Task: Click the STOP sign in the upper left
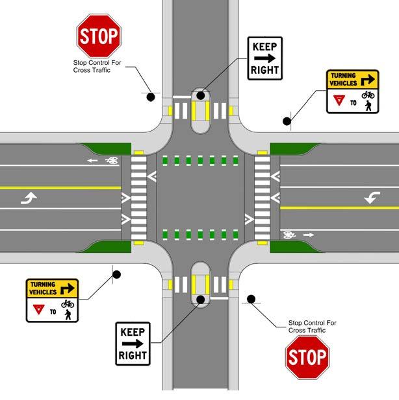click(98, 36)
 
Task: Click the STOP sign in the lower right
click(307, 357)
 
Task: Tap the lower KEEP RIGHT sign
click(134, 343)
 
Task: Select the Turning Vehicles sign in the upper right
click(351, 91)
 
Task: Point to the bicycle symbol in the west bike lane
click(112, 159)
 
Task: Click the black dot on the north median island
click(200, 95)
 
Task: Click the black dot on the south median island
click(201, 299)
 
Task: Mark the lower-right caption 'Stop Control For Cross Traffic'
click(306, 327)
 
